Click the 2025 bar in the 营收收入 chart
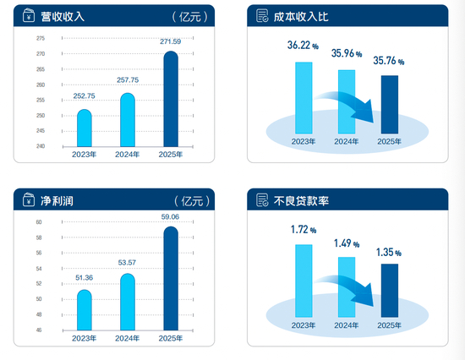pyautogui.click(x=170, y=99)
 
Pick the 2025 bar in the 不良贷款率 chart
pyautogui.click(x=390, y=291)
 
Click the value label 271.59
pyautogui.click(x=171, y=41)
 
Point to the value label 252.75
pyautogui.click(x=84, y=96)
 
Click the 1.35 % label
pyautogui.click(x=389, y=251)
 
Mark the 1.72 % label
pyautogui.click(x=301, y=229)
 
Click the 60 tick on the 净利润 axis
pyautogui.click(x=39, y=222)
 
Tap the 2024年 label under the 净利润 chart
pyautogui.click(x=126, y=339)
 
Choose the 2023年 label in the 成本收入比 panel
pyautogui.click(x=303, y=142)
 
